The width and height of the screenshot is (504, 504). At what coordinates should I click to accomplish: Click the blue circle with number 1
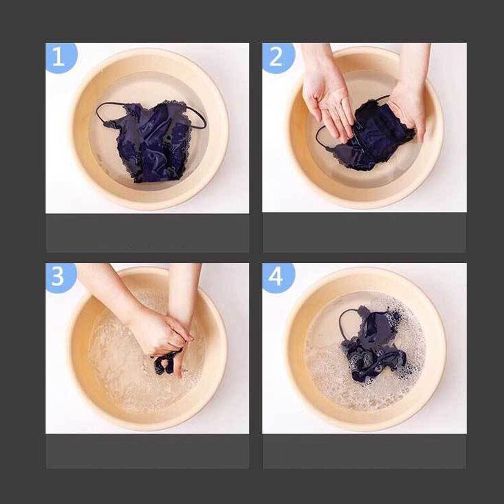point(60,57)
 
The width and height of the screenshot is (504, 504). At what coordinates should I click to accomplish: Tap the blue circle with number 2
point(278,57)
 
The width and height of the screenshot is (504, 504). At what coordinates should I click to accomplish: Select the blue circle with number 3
point(60,277)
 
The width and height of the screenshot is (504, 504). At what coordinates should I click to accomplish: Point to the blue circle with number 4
point(278,277)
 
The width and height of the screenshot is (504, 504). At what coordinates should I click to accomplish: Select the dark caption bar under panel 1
point(147,233)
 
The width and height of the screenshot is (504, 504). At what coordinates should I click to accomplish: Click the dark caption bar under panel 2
point(365,233)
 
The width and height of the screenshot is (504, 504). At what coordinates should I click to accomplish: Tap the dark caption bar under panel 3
point(147,452)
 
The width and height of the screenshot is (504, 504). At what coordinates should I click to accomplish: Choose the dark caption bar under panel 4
point(365,452)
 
